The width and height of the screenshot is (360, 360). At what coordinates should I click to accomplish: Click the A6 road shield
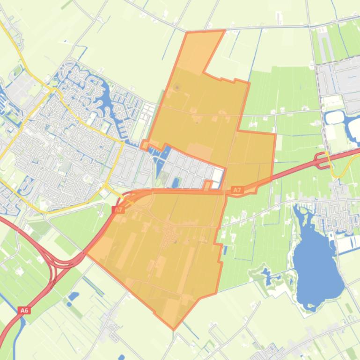click(24, 310)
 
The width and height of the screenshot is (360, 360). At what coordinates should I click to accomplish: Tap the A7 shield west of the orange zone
click(119, 210)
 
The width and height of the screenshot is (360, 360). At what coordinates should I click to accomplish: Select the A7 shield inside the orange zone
click(237, 190)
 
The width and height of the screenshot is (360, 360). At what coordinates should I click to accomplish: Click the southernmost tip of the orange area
click(174, 329)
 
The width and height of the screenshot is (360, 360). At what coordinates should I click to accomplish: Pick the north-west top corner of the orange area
click(187, 33)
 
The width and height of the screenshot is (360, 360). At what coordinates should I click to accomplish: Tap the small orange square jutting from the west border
click(145, 144)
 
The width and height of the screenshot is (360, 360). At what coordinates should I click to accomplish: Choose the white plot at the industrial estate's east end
click(218, 176)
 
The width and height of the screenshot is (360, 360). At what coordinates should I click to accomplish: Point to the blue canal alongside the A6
click(16, 337)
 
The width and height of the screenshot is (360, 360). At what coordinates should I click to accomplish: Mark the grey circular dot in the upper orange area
click(176, 87)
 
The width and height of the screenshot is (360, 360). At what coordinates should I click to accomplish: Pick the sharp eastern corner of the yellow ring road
click(122, 143)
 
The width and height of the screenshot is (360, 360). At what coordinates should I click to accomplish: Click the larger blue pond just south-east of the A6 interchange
click(73, 296)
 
